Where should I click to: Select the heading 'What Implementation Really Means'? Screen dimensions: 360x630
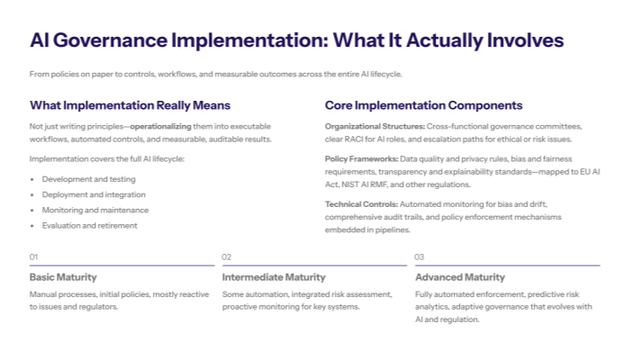point(130,105)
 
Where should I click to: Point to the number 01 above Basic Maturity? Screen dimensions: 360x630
point(34,256)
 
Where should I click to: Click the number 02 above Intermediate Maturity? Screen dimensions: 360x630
point(227,256)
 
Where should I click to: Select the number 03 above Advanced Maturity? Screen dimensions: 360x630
point(419,256)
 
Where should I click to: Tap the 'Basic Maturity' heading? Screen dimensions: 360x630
point(63,277)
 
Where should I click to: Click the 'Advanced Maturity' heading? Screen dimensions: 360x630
point(460,277)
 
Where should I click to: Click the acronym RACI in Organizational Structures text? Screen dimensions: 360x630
point(354,139)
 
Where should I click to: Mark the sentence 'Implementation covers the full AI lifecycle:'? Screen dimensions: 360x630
point(106,158)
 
